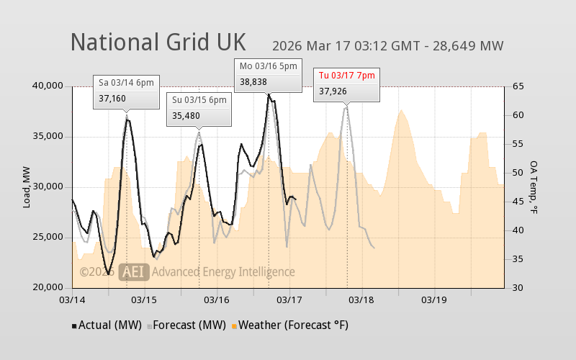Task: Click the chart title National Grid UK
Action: (158, 42)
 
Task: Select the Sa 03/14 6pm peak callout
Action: (126, 91)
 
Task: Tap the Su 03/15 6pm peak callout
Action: (199, 109)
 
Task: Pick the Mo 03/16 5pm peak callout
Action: (269, 75)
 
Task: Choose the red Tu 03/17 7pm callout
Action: (347, 84)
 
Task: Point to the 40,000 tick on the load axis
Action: (49, 86)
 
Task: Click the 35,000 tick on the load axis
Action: (49, 137)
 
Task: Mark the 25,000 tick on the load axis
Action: (49, 238)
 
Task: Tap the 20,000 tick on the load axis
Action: (49, 288)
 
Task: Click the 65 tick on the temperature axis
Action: (517, 86)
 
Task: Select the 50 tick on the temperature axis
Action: (517, 173)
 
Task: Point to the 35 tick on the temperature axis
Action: (517, 259)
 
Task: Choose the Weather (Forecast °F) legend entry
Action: (291, 325)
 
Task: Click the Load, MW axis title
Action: (27, 187)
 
